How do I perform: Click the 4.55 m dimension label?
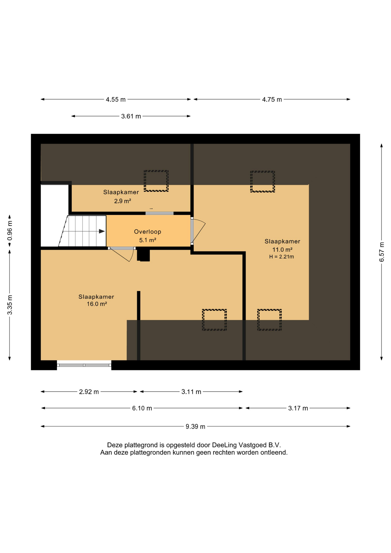[x=116, y=100]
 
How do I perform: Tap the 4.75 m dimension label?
[x=272, y=100]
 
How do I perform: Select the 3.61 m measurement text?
[x=131, y=116]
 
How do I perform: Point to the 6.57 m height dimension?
[x=381, y=252]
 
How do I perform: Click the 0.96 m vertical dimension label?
[x=10, y=230]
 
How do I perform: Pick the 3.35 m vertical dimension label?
[x=10, y=305]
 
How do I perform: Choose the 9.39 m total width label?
[x=195, y=427]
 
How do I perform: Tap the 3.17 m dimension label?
[x=298, y=408]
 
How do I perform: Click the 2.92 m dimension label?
[x=89, y=392]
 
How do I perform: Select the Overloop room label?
[x=148, y=232]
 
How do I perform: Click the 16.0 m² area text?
[x=97, y=304]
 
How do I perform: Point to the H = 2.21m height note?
[x=282, y=257]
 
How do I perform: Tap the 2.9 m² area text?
[x=123, y=201]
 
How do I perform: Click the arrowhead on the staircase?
[x=102, y=231]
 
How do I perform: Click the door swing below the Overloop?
[x=122, y=255]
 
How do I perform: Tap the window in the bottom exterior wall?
[x=84, y=365]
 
